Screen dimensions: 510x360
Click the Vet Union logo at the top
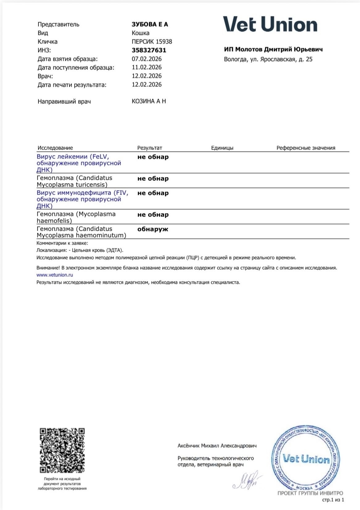point(270,24)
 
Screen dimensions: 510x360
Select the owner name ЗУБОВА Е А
point(150,24)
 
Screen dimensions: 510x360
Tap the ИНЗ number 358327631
point(149,50)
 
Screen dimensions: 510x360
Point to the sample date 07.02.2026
point(147,59)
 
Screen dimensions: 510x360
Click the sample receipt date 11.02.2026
point(147,67)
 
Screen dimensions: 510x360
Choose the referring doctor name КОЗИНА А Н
point(149,101)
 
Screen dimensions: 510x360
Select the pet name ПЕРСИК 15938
point(152,42)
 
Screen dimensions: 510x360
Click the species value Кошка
point(140,33)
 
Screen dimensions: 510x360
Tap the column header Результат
point(150,148)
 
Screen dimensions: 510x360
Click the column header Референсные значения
point(306,148)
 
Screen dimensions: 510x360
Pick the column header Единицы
point(222,148)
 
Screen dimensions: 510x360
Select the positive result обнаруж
point(153,229)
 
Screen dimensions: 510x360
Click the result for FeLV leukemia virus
point(153,157)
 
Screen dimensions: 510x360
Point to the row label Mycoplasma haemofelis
point(76,217)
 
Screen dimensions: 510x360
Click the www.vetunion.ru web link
point(55,275)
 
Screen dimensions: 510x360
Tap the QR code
point(62,450)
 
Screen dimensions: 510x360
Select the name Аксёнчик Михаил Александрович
point(217,446)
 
